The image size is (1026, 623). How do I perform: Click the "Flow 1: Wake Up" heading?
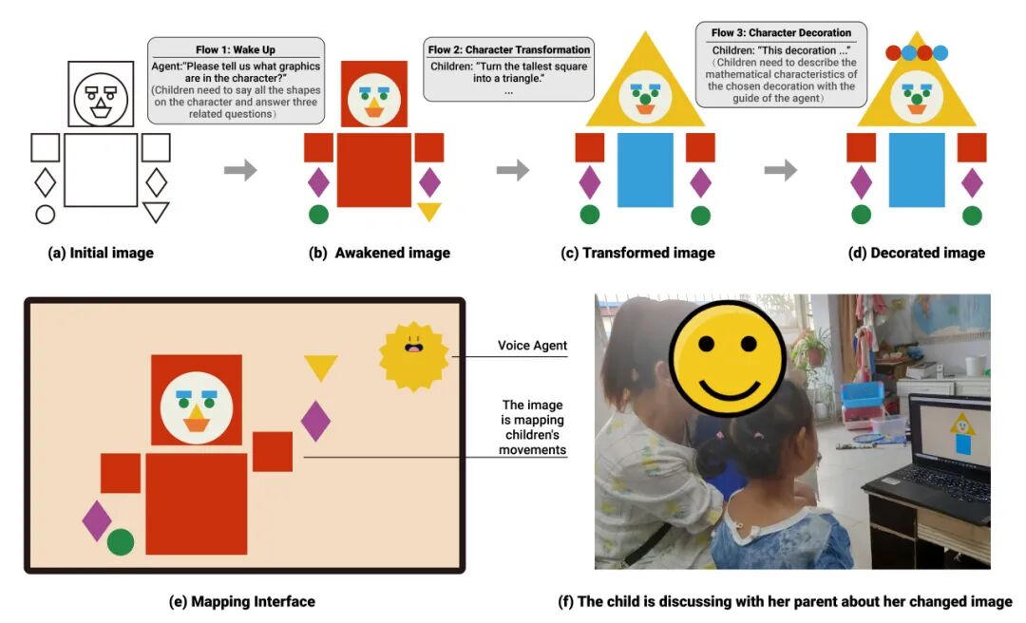236,49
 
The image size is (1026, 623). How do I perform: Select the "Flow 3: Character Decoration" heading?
781,32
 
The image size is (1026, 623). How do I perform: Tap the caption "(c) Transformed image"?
637,254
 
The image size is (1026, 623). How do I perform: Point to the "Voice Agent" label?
532,346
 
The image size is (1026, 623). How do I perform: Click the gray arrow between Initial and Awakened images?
240,170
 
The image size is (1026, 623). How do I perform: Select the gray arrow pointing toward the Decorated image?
781,170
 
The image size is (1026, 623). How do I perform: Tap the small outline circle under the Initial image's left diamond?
46,214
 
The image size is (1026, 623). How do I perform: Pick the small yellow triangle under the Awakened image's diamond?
429,212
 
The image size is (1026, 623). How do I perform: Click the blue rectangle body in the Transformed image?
645,170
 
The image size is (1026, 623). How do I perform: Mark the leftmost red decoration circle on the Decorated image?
893,53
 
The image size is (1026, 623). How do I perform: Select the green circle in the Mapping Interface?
121,542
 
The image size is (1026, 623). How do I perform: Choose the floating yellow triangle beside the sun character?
321,368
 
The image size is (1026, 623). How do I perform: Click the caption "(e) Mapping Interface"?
242,601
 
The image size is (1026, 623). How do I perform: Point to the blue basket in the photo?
862,398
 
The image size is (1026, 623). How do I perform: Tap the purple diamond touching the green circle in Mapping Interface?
98,521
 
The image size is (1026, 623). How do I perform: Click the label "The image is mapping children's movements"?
533,427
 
